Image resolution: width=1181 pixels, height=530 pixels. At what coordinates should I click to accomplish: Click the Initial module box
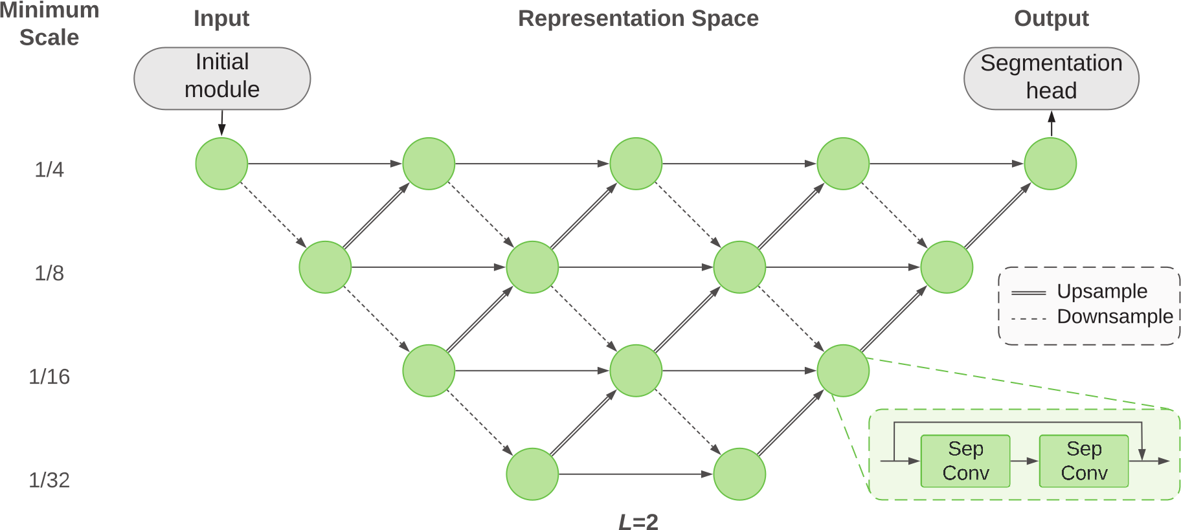(x=222, y=78)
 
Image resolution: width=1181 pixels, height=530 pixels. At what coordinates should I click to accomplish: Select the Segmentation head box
(x=1051, y=78)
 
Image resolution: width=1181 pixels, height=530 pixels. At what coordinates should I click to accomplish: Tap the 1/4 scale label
(x=49, y=170)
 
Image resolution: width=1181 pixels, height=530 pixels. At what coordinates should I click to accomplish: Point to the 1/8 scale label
(x=49, y=273)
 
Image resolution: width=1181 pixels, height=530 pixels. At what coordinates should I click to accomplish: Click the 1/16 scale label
(x=49, y=377)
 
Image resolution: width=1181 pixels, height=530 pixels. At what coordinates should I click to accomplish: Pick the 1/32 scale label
(x=49, y=480)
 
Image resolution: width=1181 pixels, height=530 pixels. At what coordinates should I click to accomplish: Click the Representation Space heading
(x=638, y=19)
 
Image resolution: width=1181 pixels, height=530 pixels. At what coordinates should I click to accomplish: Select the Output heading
(x=1051, y=19)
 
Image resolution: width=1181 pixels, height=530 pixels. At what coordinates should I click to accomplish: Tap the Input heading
(x=221, y=19)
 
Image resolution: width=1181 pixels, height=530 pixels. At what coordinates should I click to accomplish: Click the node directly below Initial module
(x=221, y=164)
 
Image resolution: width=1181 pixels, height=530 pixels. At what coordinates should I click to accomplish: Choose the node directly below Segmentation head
(x=1050, y=164)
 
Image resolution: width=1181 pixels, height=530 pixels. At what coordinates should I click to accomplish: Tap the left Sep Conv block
(x=965, y=461)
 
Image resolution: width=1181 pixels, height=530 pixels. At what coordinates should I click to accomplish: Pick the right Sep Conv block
(x=1084, y=461)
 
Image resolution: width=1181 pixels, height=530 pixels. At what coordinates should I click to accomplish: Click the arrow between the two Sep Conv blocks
(x=1024, y=461)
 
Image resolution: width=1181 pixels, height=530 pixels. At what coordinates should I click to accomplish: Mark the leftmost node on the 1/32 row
(x=532, y=474)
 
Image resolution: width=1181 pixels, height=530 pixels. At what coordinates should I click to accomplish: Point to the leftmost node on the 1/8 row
(x=325, y=267)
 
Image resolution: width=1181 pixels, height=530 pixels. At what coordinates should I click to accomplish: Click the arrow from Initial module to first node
(x=221, y=124)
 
